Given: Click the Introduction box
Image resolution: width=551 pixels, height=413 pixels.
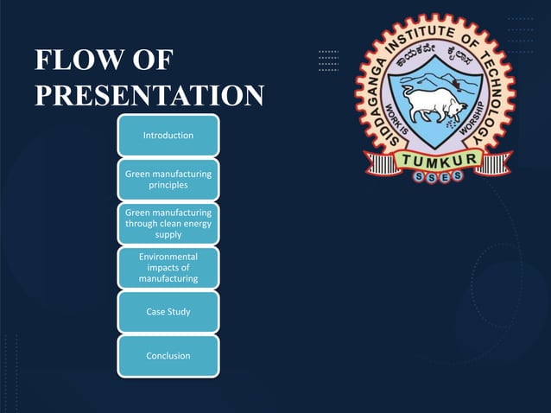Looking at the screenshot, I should pos(168,136).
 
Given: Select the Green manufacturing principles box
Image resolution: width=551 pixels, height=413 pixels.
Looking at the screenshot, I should pos(168,180).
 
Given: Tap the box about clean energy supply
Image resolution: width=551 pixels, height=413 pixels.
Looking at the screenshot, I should pos(168,224).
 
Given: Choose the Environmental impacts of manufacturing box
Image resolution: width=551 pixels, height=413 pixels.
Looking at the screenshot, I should pos(168,268).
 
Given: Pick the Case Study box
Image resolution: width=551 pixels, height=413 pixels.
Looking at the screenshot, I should pos(168,312).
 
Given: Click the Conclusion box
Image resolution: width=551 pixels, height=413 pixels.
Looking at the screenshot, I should pos(168,356).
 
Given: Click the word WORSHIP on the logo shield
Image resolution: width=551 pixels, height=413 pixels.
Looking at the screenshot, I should pos(472,120).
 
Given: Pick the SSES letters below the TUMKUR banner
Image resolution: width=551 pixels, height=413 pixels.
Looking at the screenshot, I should pos(439,176).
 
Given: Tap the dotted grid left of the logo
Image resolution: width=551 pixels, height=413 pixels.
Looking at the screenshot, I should pos(328,60).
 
